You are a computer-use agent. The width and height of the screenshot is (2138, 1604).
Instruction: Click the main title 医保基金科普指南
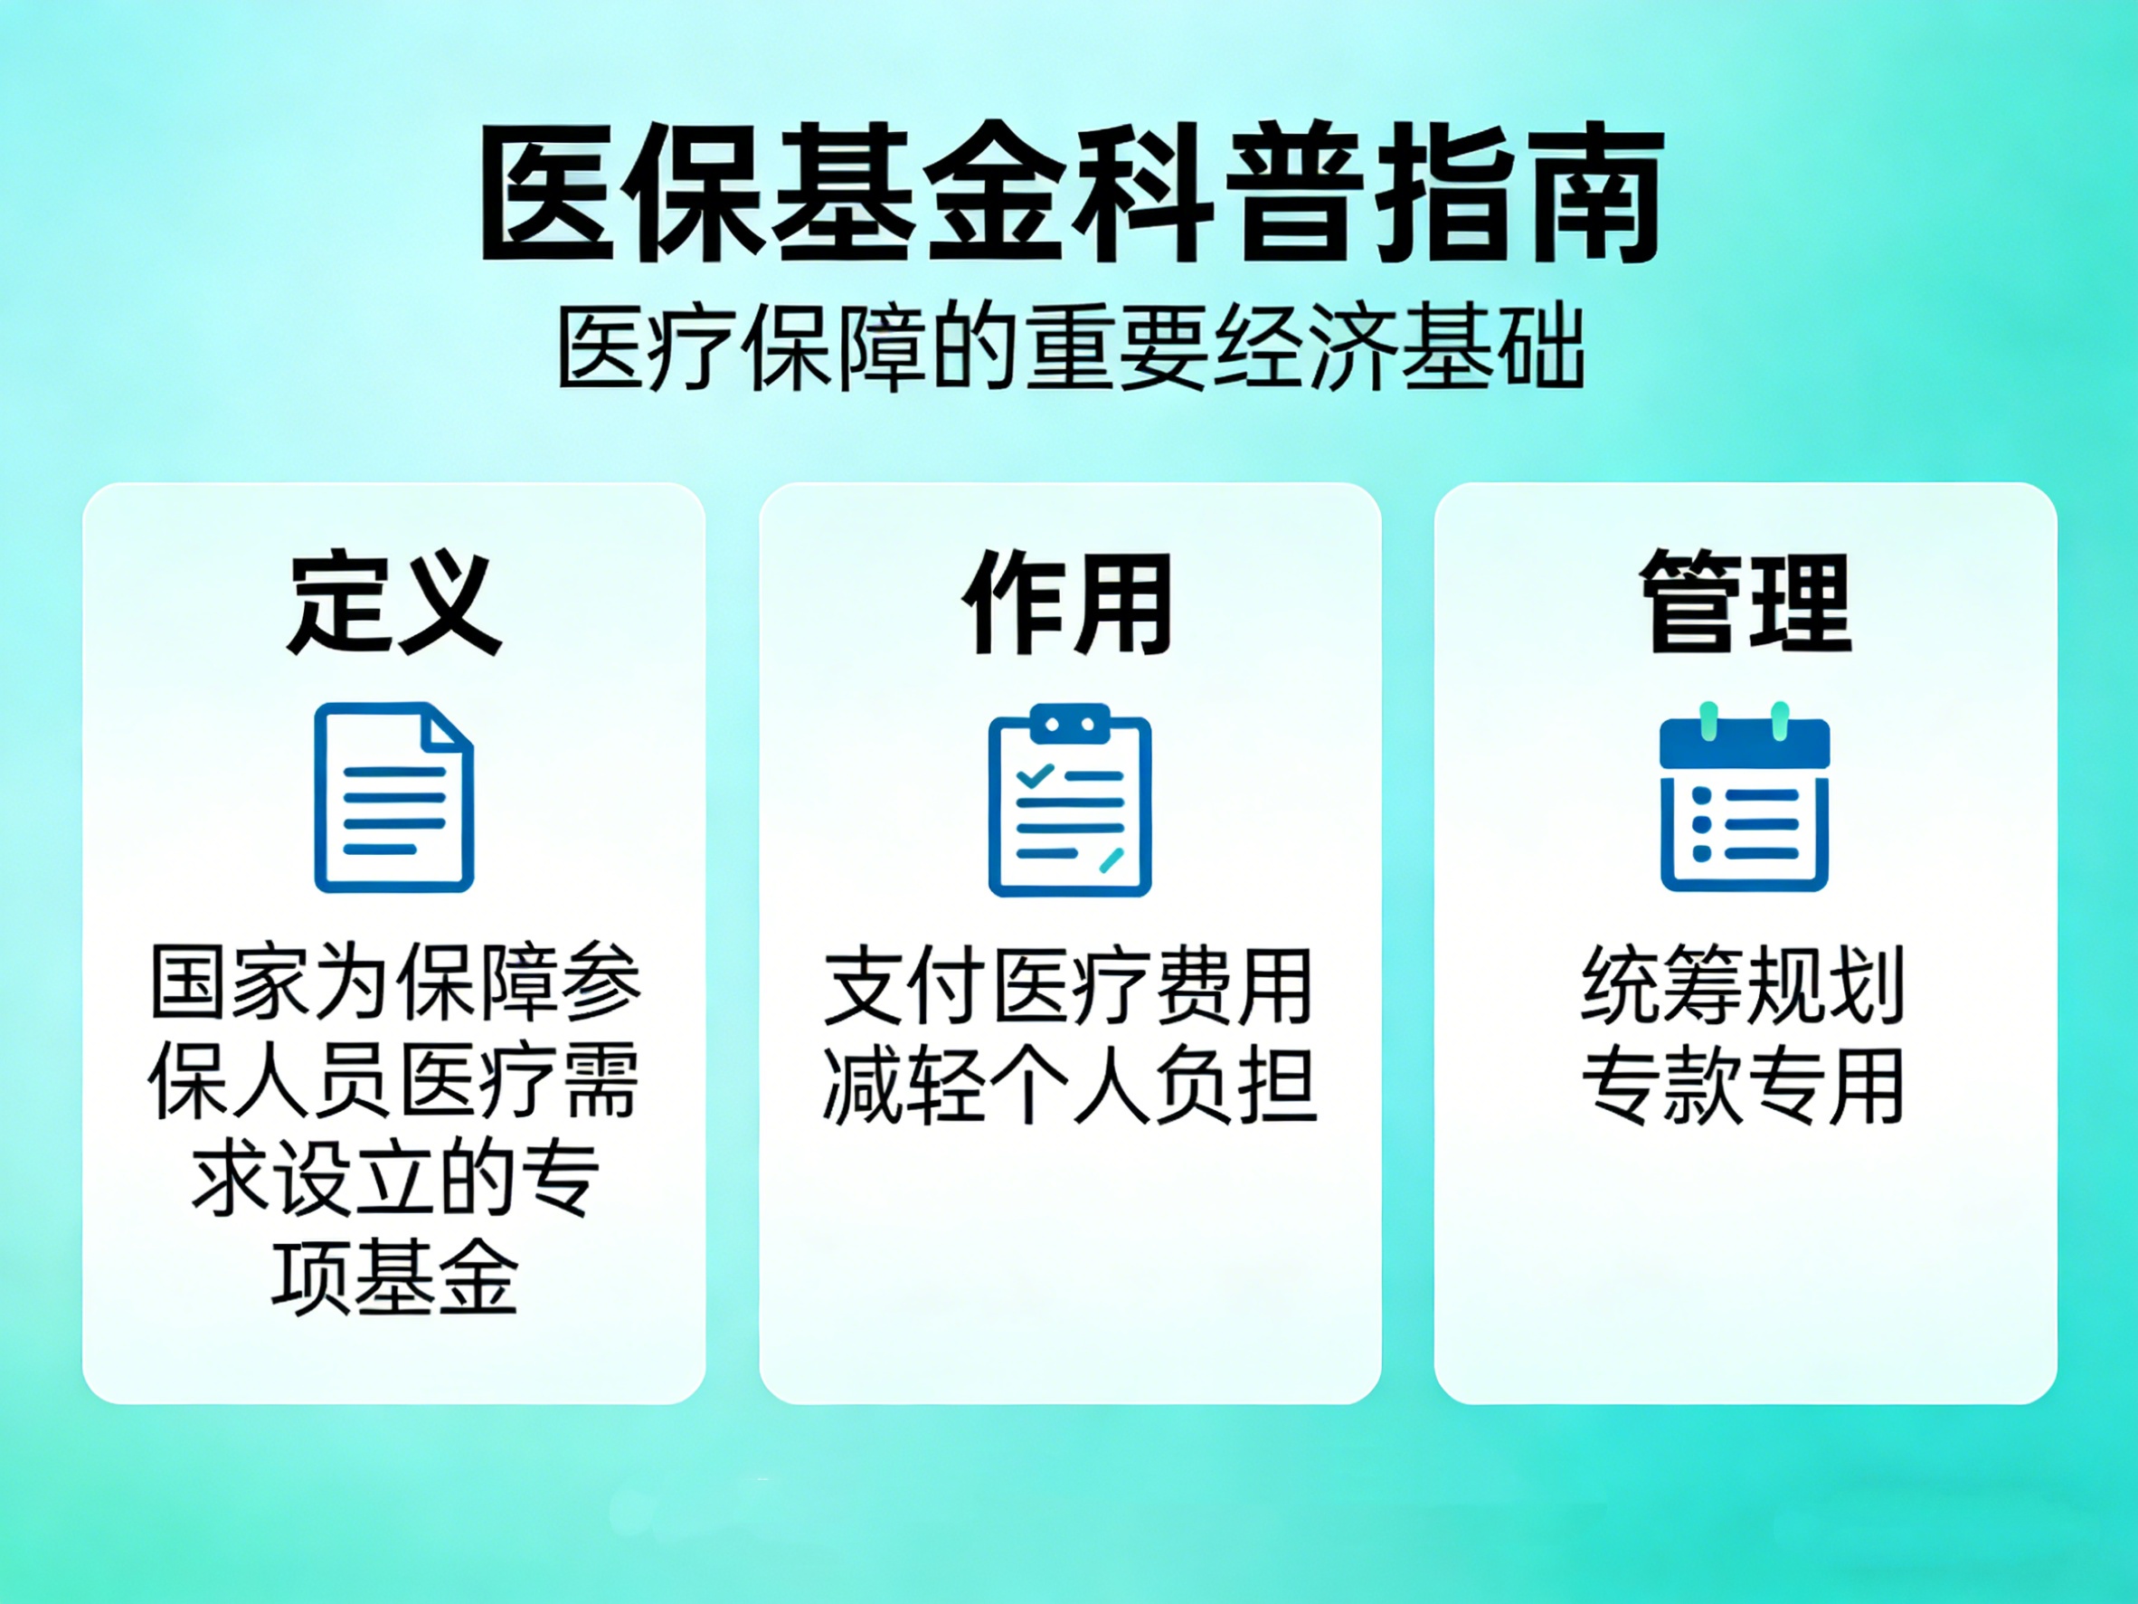(1071, 193)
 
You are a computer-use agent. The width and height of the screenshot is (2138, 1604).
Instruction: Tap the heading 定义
(393, 603)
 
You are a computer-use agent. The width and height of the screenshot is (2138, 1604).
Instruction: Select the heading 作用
(1068, 603)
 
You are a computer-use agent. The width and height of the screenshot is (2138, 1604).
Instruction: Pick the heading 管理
(1745, 602)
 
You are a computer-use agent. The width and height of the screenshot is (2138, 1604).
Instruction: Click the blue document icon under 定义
(394, 798)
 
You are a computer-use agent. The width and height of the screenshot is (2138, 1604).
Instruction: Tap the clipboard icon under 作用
(1069, 800)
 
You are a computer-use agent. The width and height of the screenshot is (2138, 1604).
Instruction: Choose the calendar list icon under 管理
(1745, 796)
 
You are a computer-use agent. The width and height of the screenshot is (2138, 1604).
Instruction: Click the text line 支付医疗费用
(1068, 986)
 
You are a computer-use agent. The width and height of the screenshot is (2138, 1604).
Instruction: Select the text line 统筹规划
(1743, 985)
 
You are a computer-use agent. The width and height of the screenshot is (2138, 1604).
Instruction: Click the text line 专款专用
(1743, 1085)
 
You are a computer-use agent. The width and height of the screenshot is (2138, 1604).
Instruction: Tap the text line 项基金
(394, 1277)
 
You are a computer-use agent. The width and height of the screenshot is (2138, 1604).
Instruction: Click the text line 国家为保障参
(395, 982)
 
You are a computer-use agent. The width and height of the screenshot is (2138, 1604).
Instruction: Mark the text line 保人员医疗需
(393, 1080)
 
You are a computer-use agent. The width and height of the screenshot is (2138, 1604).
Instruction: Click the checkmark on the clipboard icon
(1035, 775)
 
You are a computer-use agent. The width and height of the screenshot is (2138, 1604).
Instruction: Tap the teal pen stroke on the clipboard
(1112, 859)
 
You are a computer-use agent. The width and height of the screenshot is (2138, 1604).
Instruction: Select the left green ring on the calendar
(1708, 721)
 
